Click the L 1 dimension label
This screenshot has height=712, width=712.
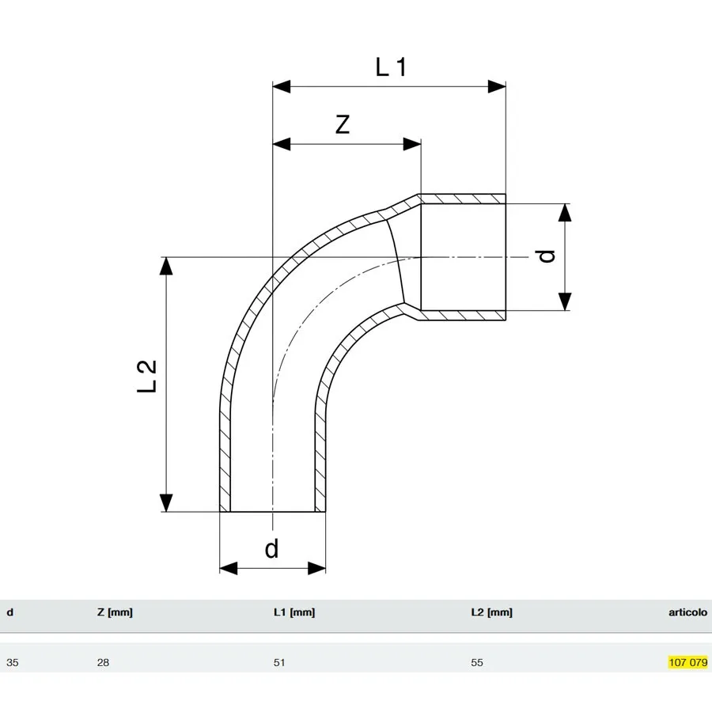coord(391,67)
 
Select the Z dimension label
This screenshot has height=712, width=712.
coord(343,124)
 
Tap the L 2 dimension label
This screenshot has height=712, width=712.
coord(146,376)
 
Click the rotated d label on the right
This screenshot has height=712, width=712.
coord(546,256)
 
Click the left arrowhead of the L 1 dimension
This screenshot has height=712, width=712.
coord(282,86)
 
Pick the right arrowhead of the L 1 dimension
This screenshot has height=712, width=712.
coord(497,86)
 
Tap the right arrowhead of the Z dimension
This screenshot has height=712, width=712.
coord(412,145)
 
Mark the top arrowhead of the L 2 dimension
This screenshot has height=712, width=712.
coord(166,266)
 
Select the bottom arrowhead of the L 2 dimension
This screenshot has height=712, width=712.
coord(166,502)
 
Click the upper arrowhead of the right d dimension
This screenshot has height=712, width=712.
coord(564,213)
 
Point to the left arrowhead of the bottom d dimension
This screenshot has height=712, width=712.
coord(229,568)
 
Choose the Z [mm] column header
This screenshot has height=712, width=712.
coord(115,612)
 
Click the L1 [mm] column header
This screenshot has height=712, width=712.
coord(294,612)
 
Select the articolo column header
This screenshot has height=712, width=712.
coord(687,612)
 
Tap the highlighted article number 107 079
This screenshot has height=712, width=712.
coord(688,662)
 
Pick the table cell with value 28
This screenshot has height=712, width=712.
coord(103,662)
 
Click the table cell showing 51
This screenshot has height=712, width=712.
coord(279,662)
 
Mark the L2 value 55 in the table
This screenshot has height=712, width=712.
coord(477,662)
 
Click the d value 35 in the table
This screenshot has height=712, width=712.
coord(12,662)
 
